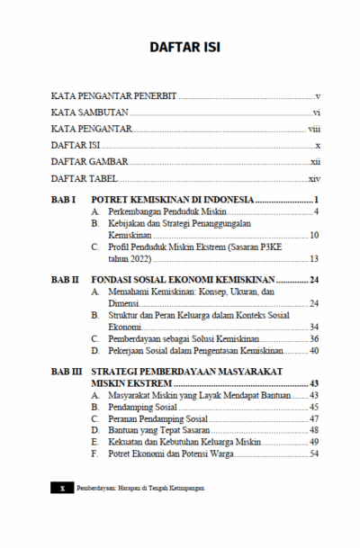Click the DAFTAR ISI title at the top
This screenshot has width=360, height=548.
coord(180,47)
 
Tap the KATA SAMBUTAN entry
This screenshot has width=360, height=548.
coord(90,112)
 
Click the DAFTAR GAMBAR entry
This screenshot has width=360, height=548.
coord(89,162)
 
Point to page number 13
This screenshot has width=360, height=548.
coord(315,258)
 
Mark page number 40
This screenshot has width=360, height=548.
coord(315,351)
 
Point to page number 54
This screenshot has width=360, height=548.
coord(315,454)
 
